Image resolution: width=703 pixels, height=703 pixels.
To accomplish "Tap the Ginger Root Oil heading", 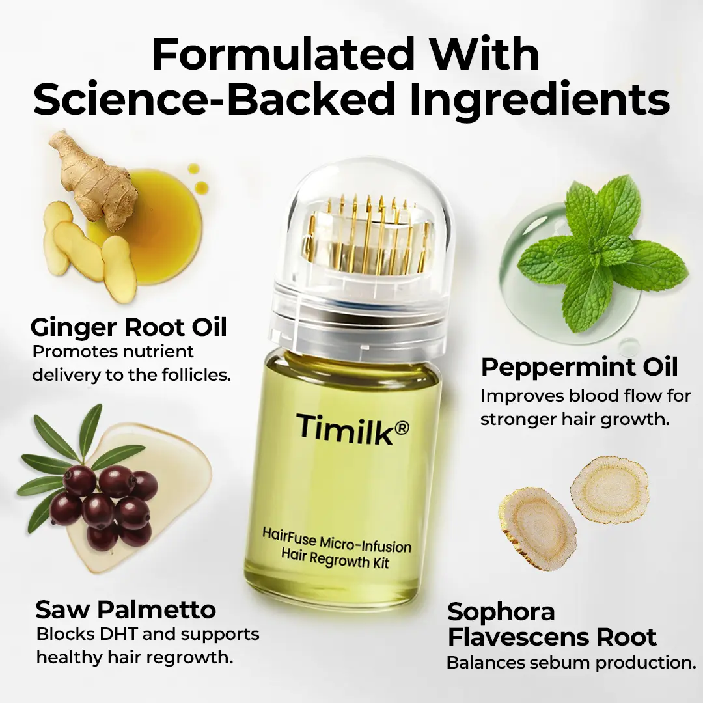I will pyautogui.click(x=128, y=327).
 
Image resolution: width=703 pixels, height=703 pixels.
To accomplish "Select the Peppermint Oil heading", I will pyautogui.click(x=579, y=367).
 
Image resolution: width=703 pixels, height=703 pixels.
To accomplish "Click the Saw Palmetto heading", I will pyautogui.click(x=126, y=610).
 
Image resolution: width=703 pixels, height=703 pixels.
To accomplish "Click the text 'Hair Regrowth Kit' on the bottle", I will pyautogui.click(x=335, y=558).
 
